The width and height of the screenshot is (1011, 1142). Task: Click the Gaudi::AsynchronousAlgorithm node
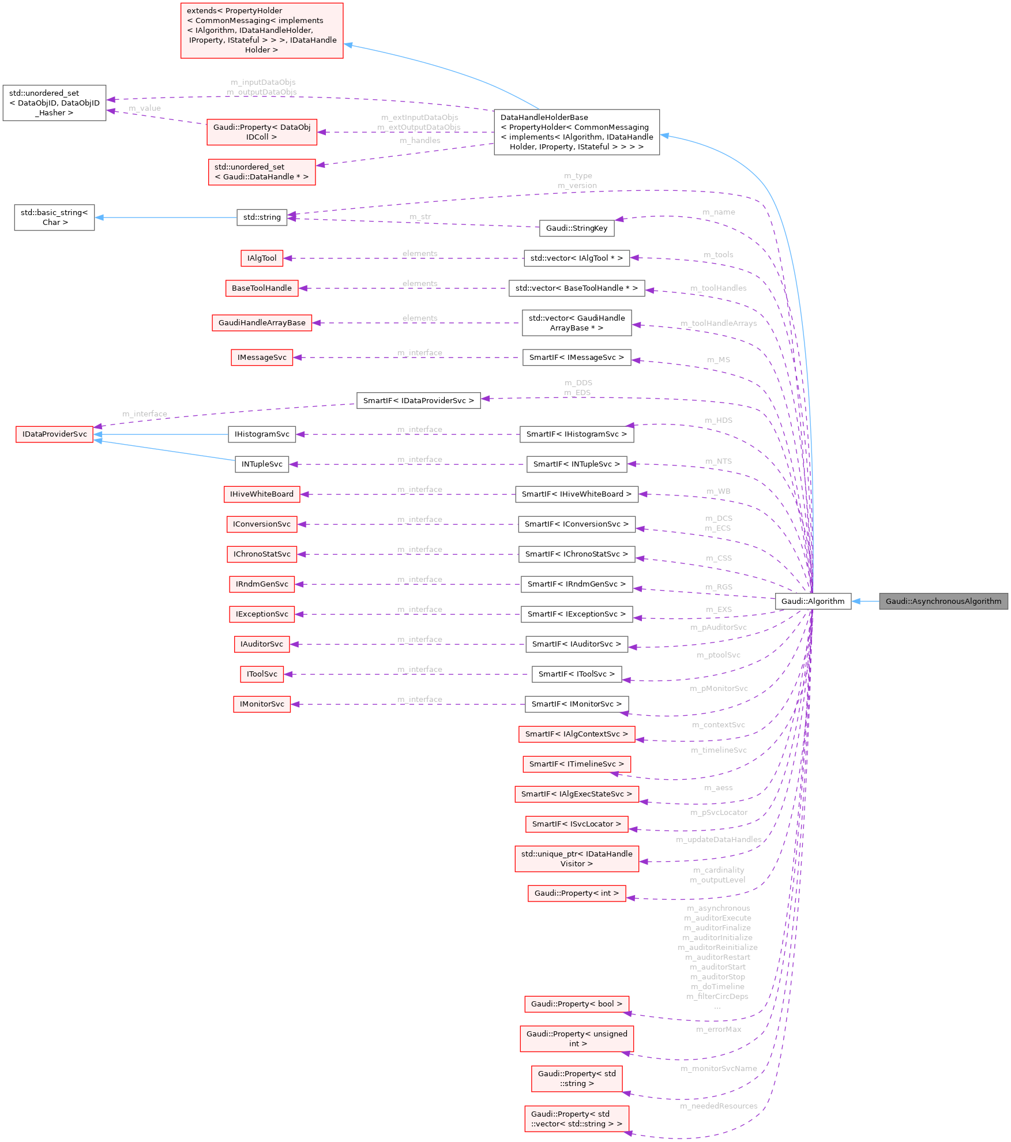pyautogui.click(x=943, y=601)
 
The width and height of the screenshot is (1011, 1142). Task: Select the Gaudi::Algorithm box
pyautogui.click(x=813, y=601)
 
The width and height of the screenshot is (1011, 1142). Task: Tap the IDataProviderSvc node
pyautogui.click(x=54, y=434)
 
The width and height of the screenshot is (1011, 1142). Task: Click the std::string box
pyautogui.click(x=262, y=217)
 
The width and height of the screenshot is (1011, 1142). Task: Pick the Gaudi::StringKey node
pyautogui.click(x=576, y=228)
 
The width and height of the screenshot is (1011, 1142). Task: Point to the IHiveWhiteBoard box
pyautogui.click(x=261, y=494)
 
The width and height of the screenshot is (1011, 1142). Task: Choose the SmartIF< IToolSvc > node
pyautogui.click(x=576, y=674)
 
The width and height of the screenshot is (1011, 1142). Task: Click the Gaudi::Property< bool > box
pyautogui.click(x=576, y=1004)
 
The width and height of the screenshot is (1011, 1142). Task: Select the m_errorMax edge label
pyautogui.click(x=719, y=1029)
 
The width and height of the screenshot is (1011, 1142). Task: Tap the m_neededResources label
pyautogui.click(x=719, y=1106)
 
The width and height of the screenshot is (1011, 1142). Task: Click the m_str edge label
pyautogui.click(x=420, y=216)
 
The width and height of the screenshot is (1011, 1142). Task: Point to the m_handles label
pyautogui.click(x=420, y=140)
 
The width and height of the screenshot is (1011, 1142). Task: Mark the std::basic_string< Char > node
pyautogui.click(x=54, y=217)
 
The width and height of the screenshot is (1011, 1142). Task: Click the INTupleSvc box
pyautogui.click(x=262, y=464)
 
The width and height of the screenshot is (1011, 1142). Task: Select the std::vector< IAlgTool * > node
pyautogui.click(x=576, y=258)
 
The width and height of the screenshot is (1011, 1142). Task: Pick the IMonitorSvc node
pyautogui.click(x=262, y=704)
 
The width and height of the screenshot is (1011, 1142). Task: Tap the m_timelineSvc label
pyautogui.click(x=719, y=750)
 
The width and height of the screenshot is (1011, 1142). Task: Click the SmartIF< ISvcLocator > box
pyautogui.click(x=576, y=824)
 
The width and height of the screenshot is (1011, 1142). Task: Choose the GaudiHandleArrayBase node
pyautogui.click(x=262, y=322)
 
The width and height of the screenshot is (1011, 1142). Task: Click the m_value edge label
pyautogui.click(x=145, y=108)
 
